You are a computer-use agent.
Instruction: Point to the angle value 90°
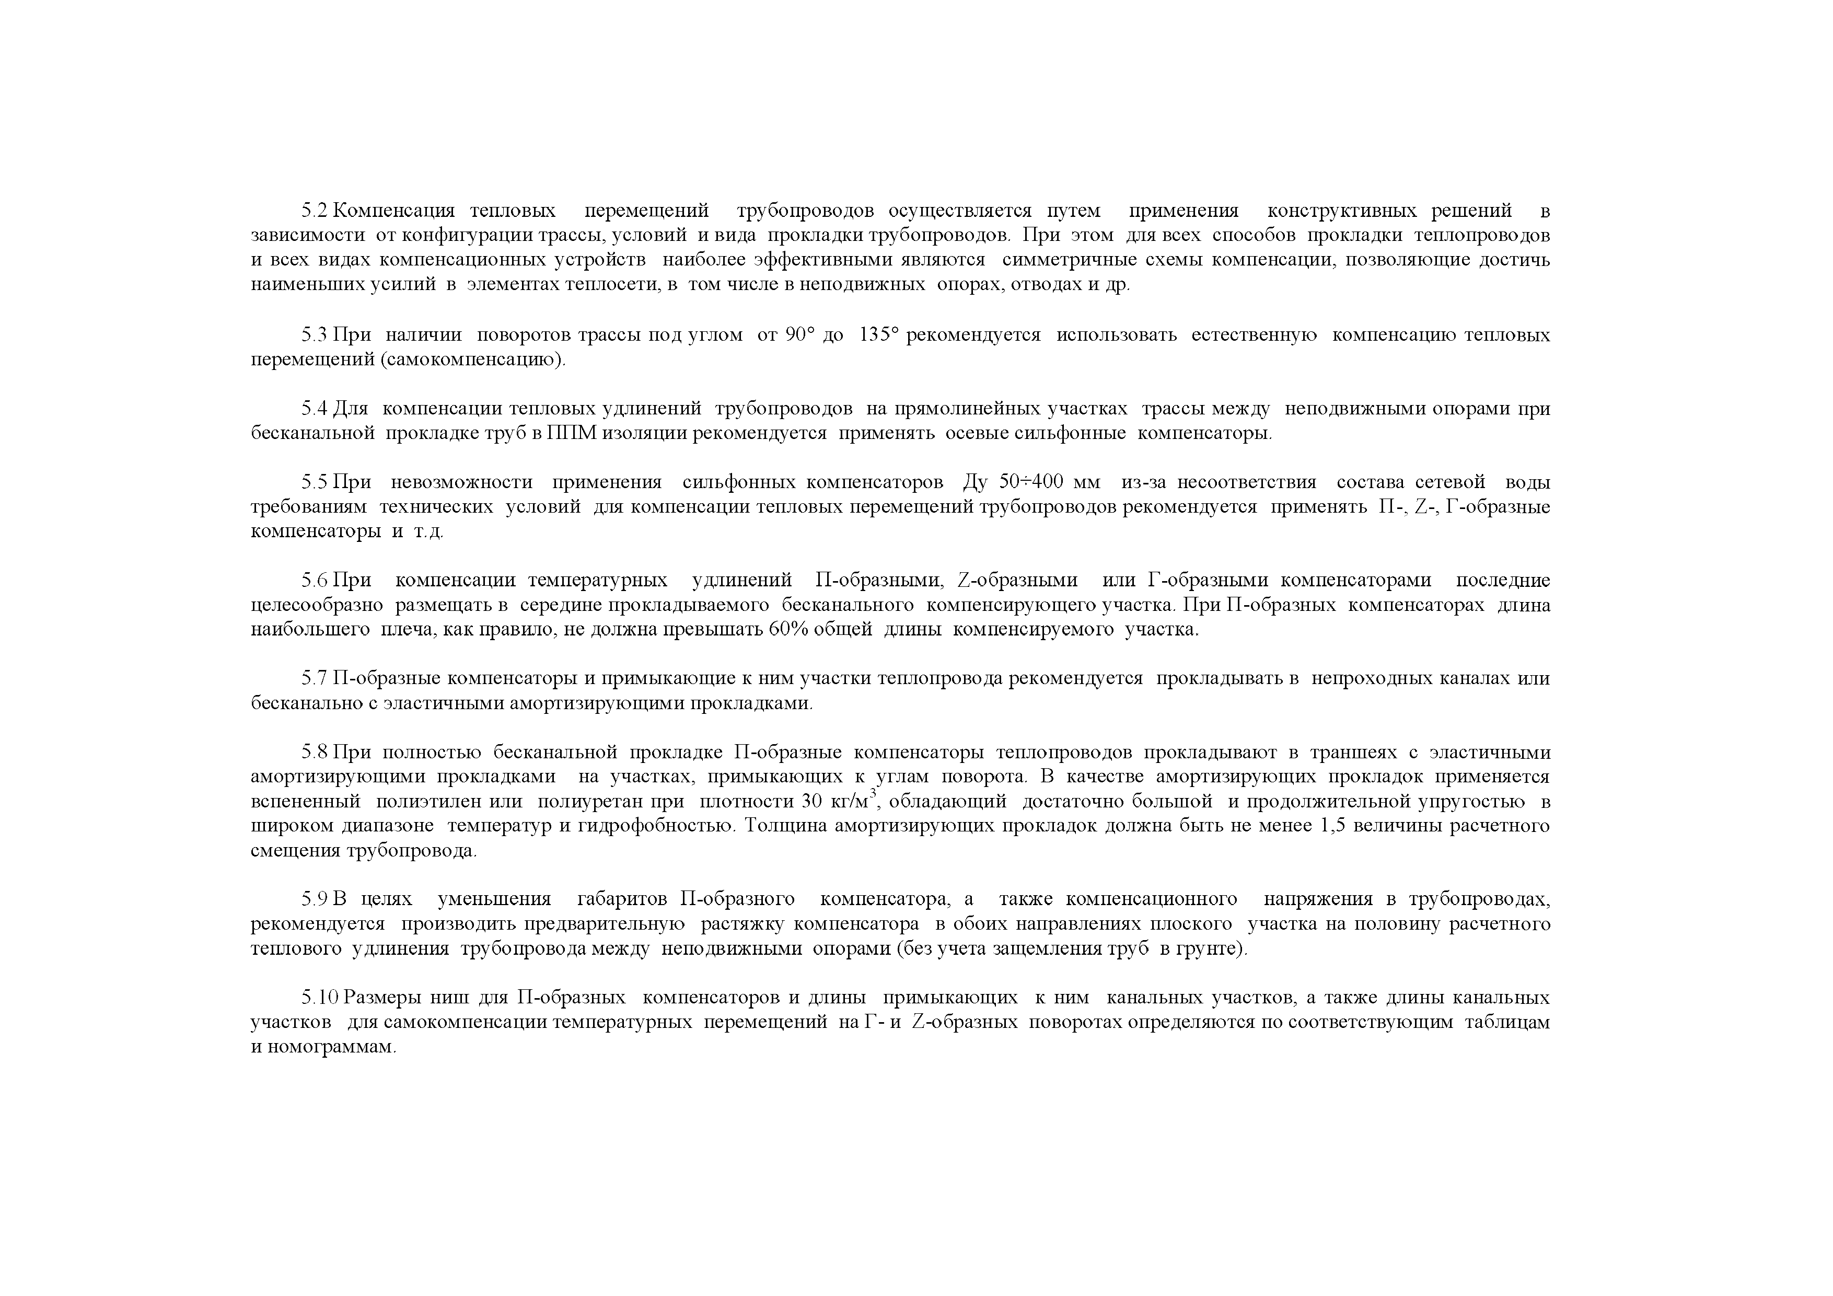(x=798, y=334)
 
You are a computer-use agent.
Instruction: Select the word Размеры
(x=384, y=998)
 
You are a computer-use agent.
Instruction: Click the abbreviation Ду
(x=976, y=482)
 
